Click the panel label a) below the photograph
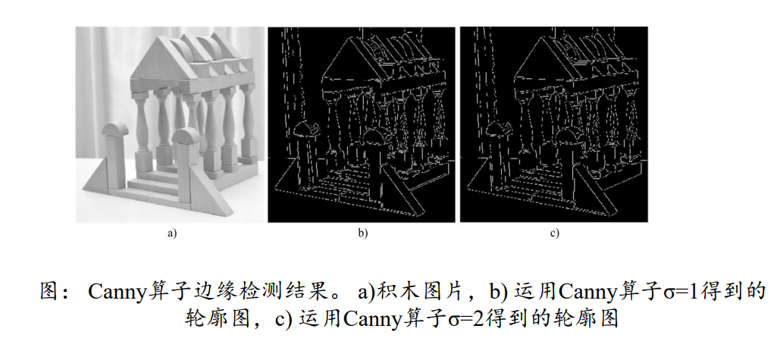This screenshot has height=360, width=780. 171,233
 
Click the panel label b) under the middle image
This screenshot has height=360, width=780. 363,233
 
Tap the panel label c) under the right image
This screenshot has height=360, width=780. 555,233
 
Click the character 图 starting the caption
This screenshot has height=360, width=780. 49,292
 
